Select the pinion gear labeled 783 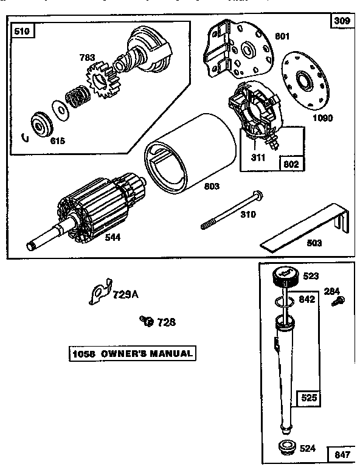tap(102, 80)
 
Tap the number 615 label tap(57, 140)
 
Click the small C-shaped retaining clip tap(24, 137)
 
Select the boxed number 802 tap(291, 164)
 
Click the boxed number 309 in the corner tap(341, 21)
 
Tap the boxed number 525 tap(308, 400)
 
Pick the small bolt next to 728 tap(145, 320)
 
